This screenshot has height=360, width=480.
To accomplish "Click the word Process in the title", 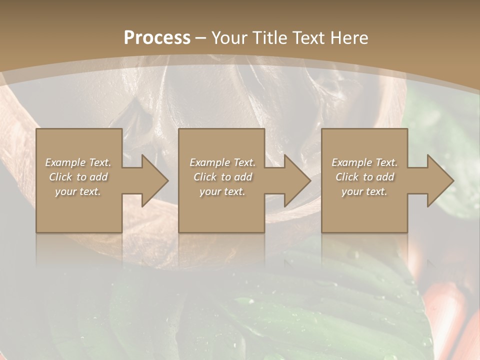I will (x=157, y=38).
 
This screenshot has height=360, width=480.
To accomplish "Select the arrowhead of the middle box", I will (x=296, y=180).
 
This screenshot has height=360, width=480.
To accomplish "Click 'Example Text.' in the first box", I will (x=78, y=162).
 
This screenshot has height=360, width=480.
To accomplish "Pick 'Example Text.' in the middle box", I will (x=222, y=162).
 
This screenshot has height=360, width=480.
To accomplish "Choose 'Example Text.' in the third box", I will (x=364, y=162).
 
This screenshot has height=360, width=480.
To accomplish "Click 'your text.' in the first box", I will (x=78, y=191).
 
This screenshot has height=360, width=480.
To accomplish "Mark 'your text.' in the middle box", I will (x=222, y=191).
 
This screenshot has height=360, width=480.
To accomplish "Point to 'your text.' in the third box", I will (x=364, y=191).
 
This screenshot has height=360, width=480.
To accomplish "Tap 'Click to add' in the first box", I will (x=78, y=177).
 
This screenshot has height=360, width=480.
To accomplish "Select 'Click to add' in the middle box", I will (x=222, y=177).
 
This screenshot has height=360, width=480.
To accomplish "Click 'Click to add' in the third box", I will (x=364, y=177).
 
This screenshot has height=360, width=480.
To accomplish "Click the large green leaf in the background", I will (x=300, y=310).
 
